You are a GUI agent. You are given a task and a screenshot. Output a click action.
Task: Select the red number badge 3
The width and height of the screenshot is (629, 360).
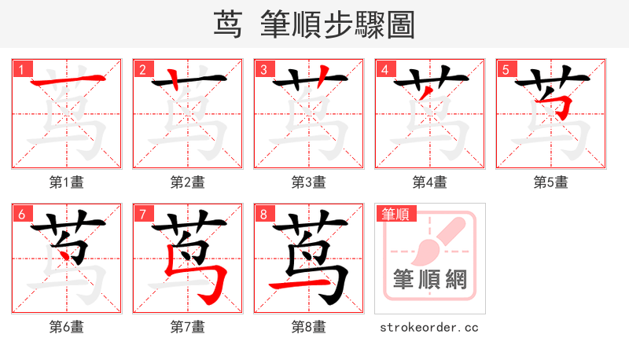(x=264, y=69)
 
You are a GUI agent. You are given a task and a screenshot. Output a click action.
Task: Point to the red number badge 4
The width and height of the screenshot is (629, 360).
(x=385, y=69)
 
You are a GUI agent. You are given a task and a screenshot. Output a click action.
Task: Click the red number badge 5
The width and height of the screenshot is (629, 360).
(x=506, y=69)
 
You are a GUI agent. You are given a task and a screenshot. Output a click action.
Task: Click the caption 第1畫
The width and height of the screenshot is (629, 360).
(x=67, y=182)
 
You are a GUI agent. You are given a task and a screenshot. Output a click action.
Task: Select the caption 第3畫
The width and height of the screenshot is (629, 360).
(x=309, y=182)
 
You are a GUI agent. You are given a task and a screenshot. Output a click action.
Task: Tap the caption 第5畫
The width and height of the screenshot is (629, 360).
(x=551, y=182)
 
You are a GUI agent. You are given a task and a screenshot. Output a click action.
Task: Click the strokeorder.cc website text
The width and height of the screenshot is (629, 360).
(x=429, y=327)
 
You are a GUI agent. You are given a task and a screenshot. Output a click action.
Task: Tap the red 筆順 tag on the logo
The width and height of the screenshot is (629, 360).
(x=395, y=214)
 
